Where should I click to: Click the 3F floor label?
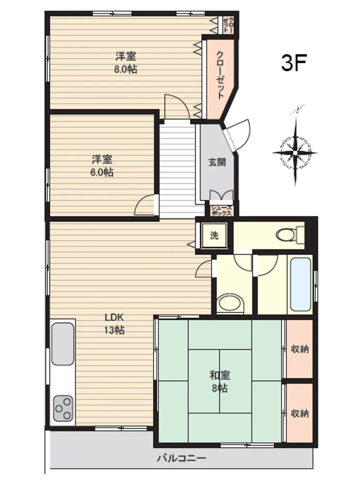click(x=294, y=63)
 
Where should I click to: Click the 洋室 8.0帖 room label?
click(x=126, y=63)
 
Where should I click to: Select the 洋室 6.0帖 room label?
click(x=102, y=166)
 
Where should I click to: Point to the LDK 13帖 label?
click(x=114, y=324)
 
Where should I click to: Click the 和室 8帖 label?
click(x=219, y=382)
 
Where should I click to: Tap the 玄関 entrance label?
click(x=217, y=162)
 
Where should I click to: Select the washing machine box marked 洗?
click(x=214, y=235)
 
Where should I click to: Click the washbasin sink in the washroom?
click(x=230, y=303)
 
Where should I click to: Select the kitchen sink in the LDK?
click(x=63, y=344)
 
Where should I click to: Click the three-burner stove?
click(x=63, y=408)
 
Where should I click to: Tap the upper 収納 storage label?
click(x=300, y=349)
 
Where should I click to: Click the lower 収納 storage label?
click(x=300, y=413)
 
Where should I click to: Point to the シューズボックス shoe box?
click(x=221, y=211)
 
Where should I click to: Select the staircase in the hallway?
click(x=177, y=169)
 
